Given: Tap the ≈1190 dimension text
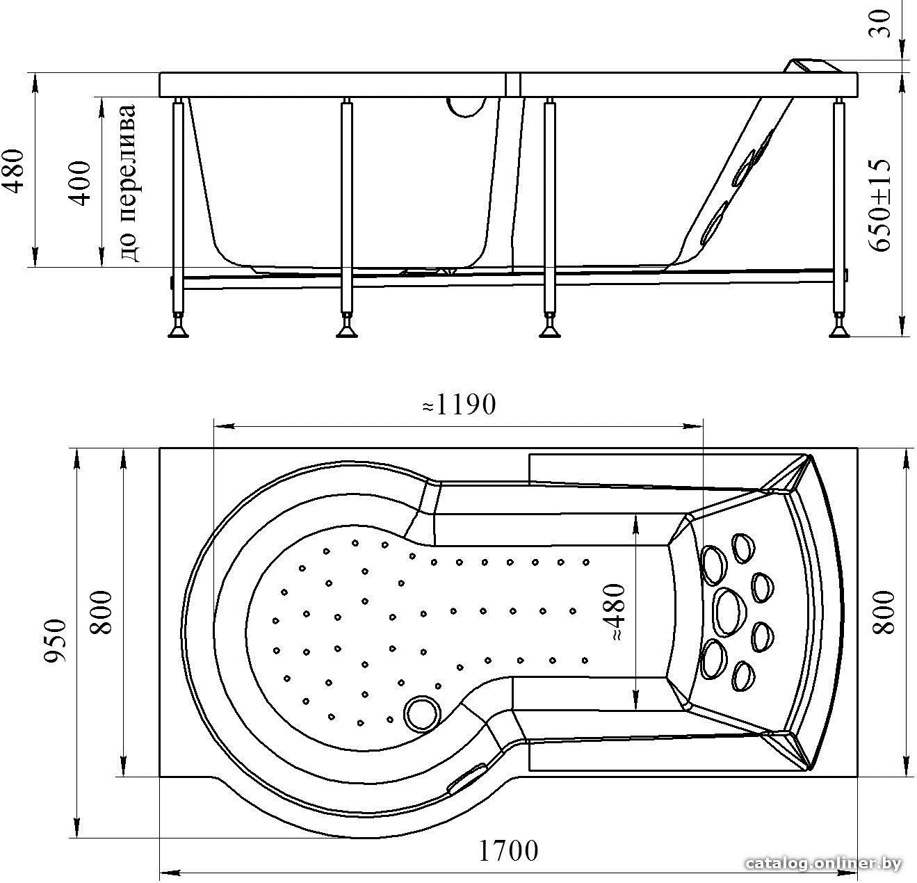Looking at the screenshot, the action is tap(459, 404).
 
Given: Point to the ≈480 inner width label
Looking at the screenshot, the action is tap(615, 612).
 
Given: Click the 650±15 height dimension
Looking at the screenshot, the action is tap(879, 204).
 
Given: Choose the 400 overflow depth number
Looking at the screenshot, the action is tap(79, 184).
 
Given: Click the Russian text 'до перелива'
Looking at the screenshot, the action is tap(127, 183).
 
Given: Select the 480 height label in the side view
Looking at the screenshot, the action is tap(13, 171).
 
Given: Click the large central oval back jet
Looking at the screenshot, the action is tap(731, 612).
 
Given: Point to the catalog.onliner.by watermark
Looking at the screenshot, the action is tap(823, 864).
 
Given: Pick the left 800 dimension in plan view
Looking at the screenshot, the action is tap(102, 612).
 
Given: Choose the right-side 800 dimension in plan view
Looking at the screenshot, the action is tap(883, 612).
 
